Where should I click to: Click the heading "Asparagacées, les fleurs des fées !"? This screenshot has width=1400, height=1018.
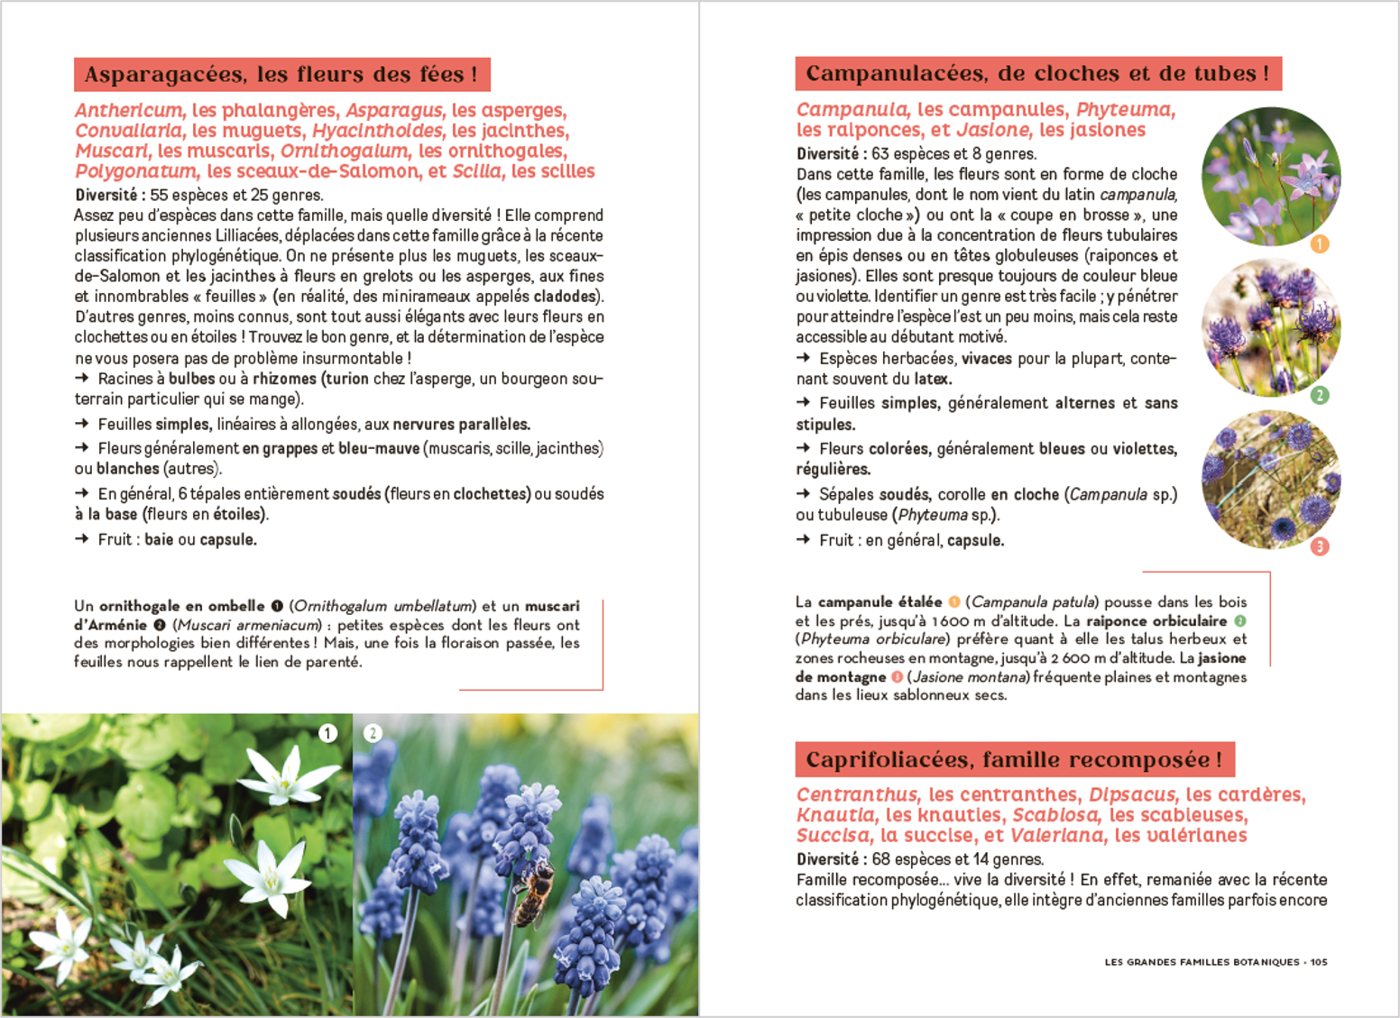(x=281, y=75)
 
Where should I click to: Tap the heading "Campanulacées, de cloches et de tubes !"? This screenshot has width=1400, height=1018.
(x=1037, y=74)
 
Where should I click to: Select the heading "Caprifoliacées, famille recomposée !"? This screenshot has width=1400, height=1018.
(x=1014, y=760)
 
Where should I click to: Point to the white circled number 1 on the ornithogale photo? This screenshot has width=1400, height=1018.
(x=327, y=733)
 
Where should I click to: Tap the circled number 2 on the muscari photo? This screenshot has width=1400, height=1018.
(x=373, y=733)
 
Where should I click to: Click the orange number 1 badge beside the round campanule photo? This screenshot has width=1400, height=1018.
(x=1319, y=243)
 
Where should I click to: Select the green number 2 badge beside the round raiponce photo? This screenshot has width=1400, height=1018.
(x=1319, y=395)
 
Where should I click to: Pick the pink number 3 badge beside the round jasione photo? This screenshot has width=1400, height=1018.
(x=1319, y=546)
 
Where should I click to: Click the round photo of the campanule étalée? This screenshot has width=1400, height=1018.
(x=1271, y=177)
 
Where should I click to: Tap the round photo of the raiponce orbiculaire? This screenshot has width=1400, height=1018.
(x=1271, y=328)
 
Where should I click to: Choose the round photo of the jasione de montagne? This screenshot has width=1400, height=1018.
(x=1271, y=480)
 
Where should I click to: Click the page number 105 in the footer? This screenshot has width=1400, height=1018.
(x=1319, y=962)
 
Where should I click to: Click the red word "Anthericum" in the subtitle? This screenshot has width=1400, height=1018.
(x=128, y=111)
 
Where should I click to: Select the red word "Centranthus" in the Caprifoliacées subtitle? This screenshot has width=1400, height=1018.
(x=857, y=795)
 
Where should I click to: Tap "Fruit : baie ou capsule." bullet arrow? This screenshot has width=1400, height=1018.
(x=82, y=539)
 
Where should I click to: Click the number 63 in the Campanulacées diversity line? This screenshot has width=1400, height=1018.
(x=880, y=154)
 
